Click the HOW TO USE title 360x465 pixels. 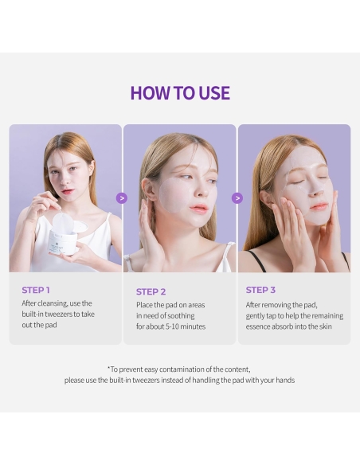180,92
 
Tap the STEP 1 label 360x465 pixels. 36,290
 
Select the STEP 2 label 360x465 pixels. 151,291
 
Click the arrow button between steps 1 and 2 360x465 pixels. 122,198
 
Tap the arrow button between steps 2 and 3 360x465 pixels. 237,198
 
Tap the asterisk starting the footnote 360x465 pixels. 109,369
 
